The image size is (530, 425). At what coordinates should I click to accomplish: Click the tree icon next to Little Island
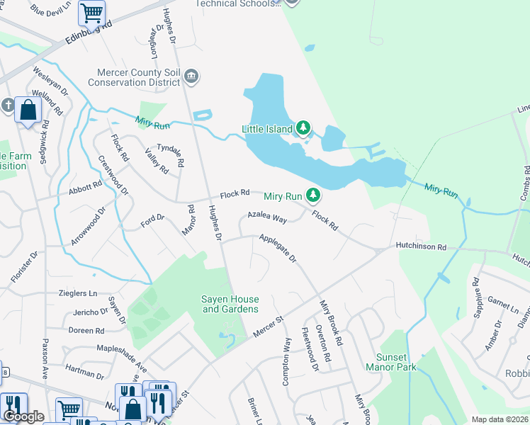click(303, 128)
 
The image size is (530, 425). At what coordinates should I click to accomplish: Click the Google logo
click(23, 417)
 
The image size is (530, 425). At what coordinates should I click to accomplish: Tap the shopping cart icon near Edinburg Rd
click(91, 12)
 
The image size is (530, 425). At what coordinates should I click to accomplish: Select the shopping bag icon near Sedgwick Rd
click(28, 110)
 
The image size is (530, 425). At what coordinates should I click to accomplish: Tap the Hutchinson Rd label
click(422, 247)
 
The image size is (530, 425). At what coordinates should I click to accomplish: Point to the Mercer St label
click(269, 324)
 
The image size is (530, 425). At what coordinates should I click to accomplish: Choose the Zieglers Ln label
click(78, 293)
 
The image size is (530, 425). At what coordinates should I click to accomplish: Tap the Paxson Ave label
click(45, 365)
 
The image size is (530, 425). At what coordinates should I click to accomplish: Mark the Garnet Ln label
click(502, 306)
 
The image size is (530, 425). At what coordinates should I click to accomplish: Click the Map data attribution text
click(500, 419)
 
